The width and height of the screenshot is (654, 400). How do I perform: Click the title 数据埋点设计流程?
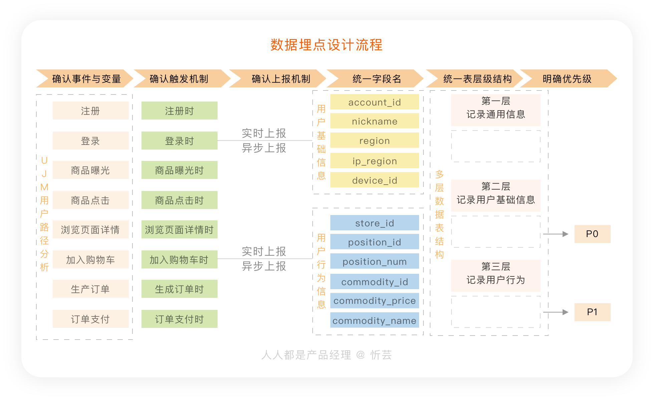pyautogui.click(x=326, y=45)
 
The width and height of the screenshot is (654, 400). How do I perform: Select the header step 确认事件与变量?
pyautogui.click(x=85, y=78)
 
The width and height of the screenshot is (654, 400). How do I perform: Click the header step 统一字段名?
pyautogui.click(x=375, y=78)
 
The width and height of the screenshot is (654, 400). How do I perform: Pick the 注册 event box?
pyautogui.click(x=90, y=111)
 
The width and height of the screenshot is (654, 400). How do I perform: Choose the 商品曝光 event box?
pyautogui.click(x=90, y=170)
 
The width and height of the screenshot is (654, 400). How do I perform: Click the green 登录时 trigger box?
pyautogui.click(x=180, y=141)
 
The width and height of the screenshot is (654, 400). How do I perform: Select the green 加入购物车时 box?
pyautogui.click(x=180, y=259)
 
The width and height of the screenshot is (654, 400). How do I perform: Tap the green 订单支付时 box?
pyautogui.click(x=180, y=319)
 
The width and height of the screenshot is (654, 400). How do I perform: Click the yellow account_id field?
pyautogui.click(x=375, y=102)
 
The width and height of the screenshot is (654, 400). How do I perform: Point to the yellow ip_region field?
pyautogui.click(x=375, y=161)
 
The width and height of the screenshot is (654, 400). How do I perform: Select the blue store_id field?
pyautogui.click(x=375, y=223)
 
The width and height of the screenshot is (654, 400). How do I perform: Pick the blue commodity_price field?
pyautogui.click(x=375, y=301)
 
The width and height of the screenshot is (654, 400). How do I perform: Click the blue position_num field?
pyautogui.click(x=375, y=261)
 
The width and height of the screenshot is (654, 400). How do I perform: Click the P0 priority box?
pyautogui.click(x=593, y=234)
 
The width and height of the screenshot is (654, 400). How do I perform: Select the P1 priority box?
pyautogui.click(x=593, y=312)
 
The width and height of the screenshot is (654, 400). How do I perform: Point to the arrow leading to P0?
pyautogui.click(x=556, y=234)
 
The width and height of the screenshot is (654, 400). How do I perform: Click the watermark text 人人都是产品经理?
pyautogui.click(x=306, y=355)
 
